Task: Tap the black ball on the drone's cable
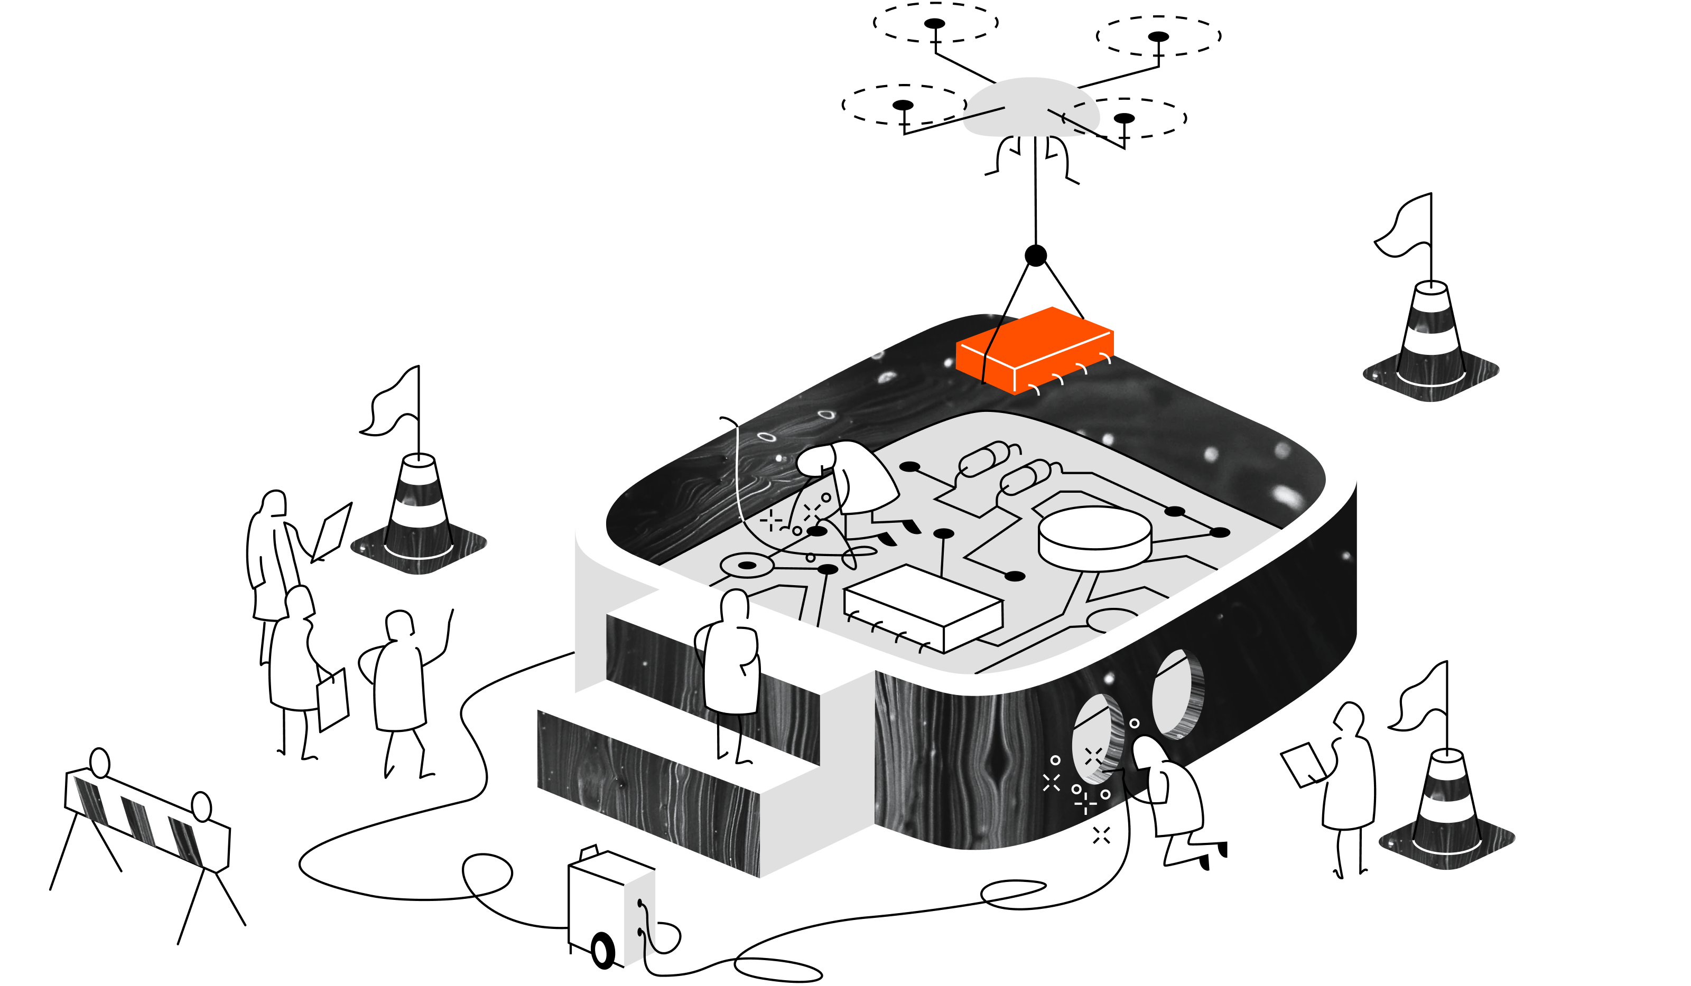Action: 1035,256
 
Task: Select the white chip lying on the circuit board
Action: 923,604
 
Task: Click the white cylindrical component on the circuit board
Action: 1094,537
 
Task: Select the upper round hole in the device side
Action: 1178,694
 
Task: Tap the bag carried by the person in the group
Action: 333,701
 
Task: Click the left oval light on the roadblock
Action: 99,763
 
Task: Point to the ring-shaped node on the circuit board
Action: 746,566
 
